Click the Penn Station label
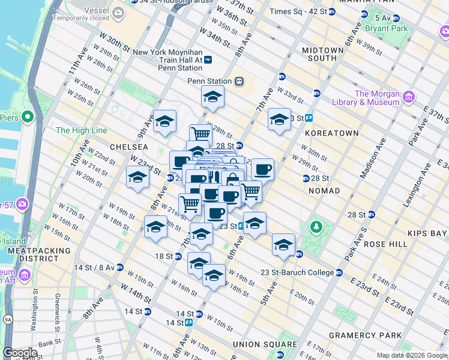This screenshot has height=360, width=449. pyautogui.click(x=209, y=81)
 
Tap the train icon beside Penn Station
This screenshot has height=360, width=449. pyautogui.click(x=239, y=81)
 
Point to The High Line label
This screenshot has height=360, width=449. pyautogui.click(x=81, y=130)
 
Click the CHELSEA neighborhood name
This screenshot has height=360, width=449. pyautogui.click(x=128, y=147)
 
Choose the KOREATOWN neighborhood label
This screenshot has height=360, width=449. pyautogui.click(x=331, y=133)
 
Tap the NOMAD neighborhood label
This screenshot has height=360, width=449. pyautogui.click(x=324, y=191)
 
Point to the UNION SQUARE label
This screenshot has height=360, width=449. pyautogui.click(x=265, y=344)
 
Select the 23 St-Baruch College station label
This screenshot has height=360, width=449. pyautogui.click(x=297, y=272)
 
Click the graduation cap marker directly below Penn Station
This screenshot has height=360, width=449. pyautogui.click(x=212, y=96)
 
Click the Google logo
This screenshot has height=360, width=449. pyautogui.click(x=20, y=352)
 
